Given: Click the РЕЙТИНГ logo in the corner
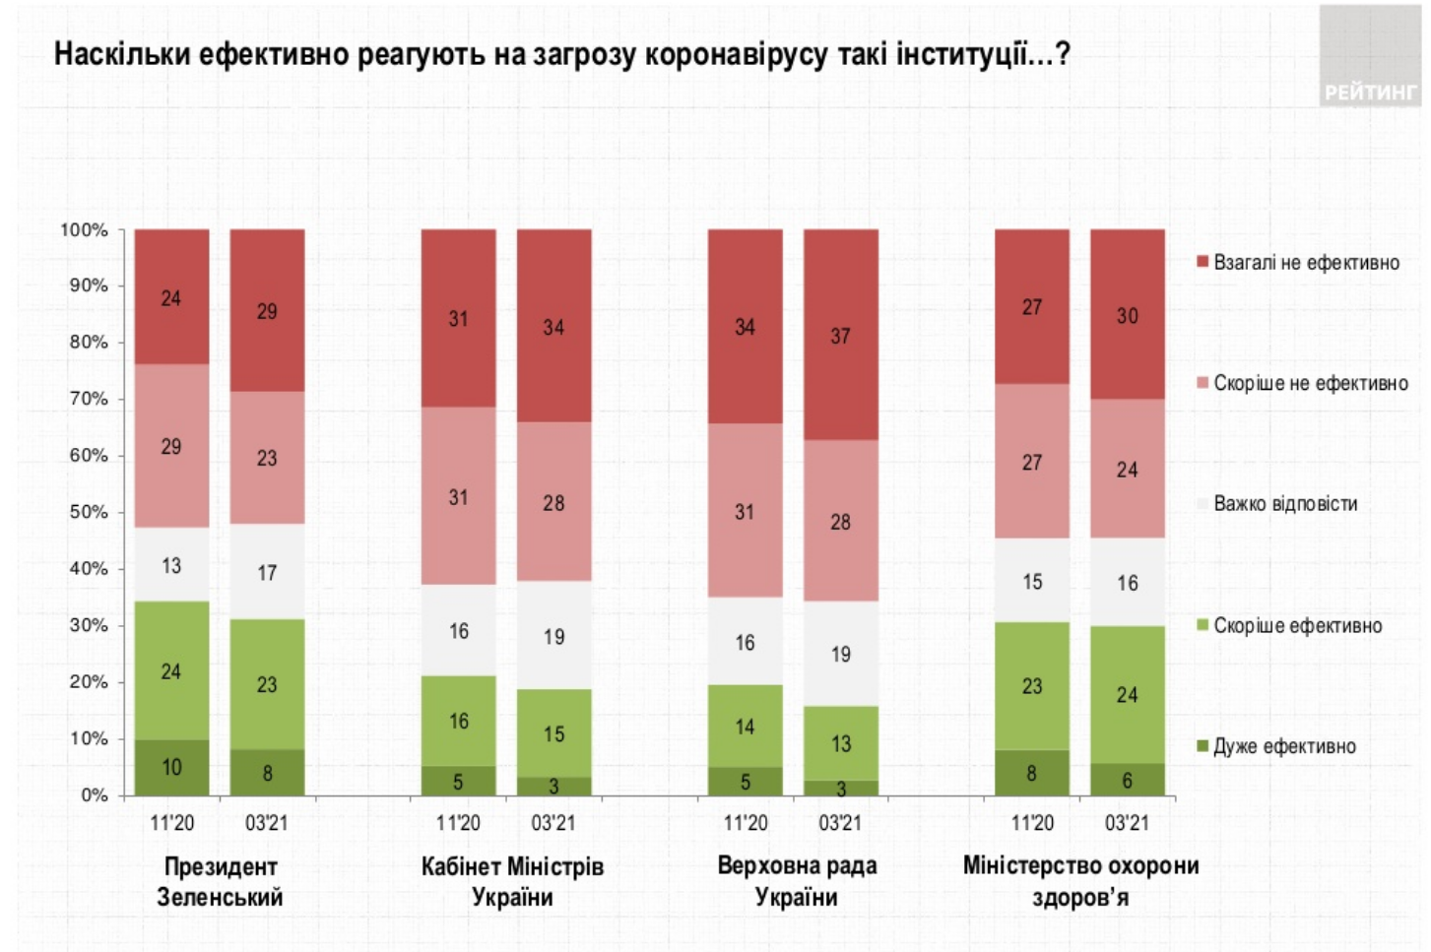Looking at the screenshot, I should tap(1369, 92).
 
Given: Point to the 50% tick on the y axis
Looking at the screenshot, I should tap(89, 512).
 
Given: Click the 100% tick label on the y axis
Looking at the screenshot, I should tap(85, 229).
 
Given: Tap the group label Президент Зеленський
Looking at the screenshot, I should tap(220, 881).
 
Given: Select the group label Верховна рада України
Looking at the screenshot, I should tap(796, 881).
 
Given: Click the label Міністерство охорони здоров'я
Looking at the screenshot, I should tap(1080, 881).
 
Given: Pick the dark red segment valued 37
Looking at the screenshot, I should tap(840, 335).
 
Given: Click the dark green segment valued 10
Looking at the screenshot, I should tap(171, 767).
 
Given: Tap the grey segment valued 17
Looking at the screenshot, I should tap(267, 572).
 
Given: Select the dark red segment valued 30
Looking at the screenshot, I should tap(1127, 315).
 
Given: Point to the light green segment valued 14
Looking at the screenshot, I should tap(745, 727).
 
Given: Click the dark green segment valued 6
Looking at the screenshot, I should tap(1127, 780).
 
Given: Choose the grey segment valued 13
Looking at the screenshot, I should tap(171, 565).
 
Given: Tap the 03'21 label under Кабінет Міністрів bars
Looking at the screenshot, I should tap(553, 823).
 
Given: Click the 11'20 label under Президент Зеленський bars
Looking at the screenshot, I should tap(171, 823).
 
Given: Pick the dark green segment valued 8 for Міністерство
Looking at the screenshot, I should tap(1031, 773).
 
